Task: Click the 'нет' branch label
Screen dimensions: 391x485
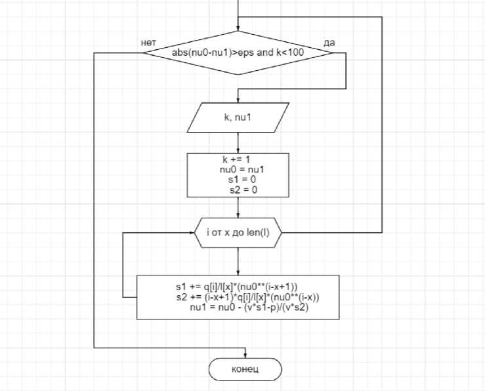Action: (148, 43)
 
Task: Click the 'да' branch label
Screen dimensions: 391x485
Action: (329, 43)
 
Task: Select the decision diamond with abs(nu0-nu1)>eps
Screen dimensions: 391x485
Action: (238, 53)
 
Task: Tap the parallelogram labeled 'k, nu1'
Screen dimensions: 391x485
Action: (238, 119)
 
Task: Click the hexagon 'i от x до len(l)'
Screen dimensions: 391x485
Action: (238, 232)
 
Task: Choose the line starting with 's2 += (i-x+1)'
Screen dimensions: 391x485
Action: (238, 297)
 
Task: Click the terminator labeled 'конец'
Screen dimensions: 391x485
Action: (245, 369)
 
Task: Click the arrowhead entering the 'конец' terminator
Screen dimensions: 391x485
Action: (245, 355)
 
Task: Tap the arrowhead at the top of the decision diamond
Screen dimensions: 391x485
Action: (238, 28)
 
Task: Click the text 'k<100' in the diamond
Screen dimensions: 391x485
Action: (289, 53)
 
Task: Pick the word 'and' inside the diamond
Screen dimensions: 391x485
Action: (265, 53)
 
